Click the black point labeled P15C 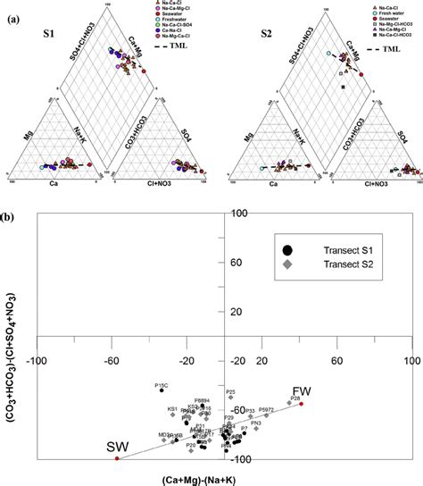(162, 390)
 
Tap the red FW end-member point (302, 404)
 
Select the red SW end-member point (116, 458)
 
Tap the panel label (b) (16, 217)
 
